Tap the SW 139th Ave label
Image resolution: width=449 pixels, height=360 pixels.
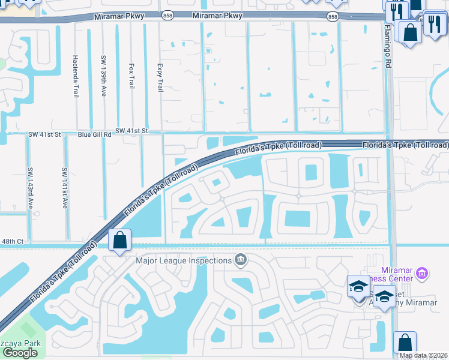[104, 75]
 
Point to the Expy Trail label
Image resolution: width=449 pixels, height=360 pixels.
[160, 77]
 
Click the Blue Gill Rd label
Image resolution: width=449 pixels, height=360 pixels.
[95, 135]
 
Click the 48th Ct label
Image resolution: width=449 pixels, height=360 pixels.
[12, 241]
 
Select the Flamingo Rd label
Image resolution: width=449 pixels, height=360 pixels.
[388, 46]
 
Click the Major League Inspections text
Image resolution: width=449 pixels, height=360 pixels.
[184, 260]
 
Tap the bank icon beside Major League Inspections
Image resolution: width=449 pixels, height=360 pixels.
[241, 260]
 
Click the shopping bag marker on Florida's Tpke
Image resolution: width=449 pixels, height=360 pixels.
[119, 241]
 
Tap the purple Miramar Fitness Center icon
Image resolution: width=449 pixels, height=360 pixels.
[422, 274]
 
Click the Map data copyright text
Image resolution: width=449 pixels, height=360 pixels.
[423, 355]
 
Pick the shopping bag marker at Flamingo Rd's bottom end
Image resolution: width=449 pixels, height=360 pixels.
[405, 343]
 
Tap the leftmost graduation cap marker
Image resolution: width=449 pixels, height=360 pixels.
[358, 286]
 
